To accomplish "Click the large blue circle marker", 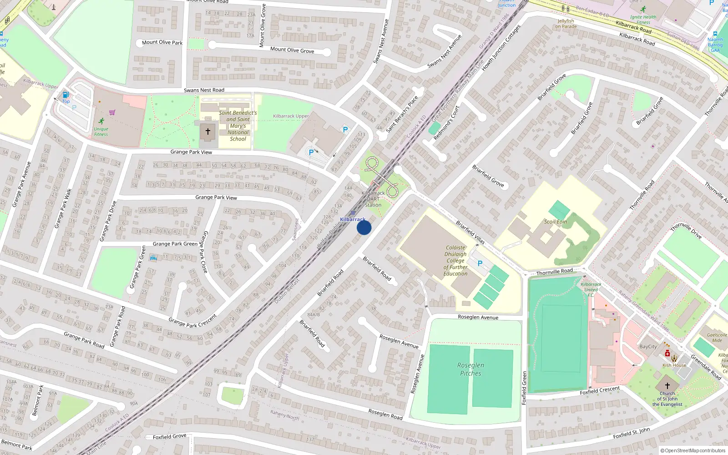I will coord(364,227).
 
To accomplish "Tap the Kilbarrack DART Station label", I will coord(373,199).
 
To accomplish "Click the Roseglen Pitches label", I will coord(470,369).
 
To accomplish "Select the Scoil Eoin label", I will coord(556,222).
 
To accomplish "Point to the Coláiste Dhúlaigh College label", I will coord(455,261).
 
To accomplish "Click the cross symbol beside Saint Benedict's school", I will coord(208,131).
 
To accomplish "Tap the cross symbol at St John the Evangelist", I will coord(667,385).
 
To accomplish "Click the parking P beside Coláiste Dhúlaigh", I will coord(480,263).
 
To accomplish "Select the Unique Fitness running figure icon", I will coord(101,121).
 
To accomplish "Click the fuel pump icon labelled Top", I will coord(66,95).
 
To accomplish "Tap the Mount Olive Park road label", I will coord(162,43).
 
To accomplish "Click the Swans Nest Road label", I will coord(204,90).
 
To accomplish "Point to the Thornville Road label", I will coord(554,272).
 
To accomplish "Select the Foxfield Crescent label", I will coord(600,390).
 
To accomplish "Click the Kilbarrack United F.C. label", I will coord(591,289).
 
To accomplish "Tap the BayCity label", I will coord(648,347).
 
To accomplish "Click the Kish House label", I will coord(674,365).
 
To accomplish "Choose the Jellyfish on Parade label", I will coord(566,24).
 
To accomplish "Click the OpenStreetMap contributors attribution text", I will coord(693,450).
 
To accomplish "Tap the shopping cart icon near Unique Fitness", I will coord(112,112).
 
